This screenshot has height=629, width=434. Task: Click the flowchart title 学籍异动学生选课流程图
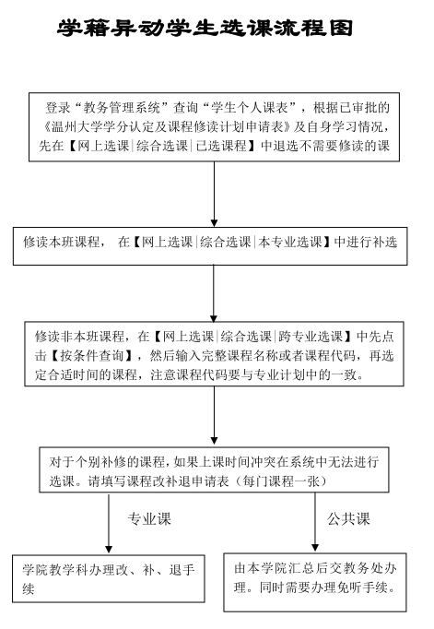(x=205, y=28)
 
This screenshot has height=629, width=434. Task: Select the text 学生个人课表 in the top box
(x=250, y=108)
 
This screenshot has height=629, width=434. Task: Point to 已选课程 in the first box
(x=221, y=145)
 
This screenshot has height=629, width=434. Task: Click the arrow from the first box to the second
(x=214, y=195)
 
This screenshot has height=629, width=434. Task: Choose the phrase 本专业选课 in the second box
(x=290, y=242)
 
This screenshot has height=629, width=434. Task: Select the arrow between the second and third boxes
(x=214, y=293)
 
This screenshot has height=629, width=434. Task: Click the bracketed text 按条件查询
(x=91, y=355)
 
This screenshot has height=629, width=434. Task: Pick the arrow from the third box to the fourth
(x=214, y=415)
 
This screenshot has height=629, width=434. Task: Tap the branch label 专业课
(x=149, y=518)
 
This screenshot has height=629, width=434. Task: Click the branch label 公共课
(x=348, y=518)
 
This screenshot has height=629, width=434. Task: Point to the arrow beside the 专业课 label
(x=109, y=523)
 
